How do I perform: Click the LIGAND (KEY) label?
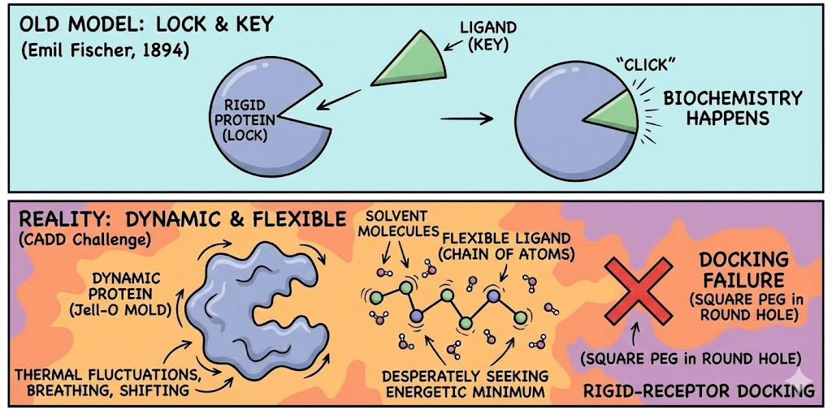[x=487, y=36]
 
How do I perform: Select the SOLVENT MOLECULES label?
[x=397, y=225]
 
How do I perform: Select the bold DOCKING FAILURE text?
[x=744, y=270]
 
